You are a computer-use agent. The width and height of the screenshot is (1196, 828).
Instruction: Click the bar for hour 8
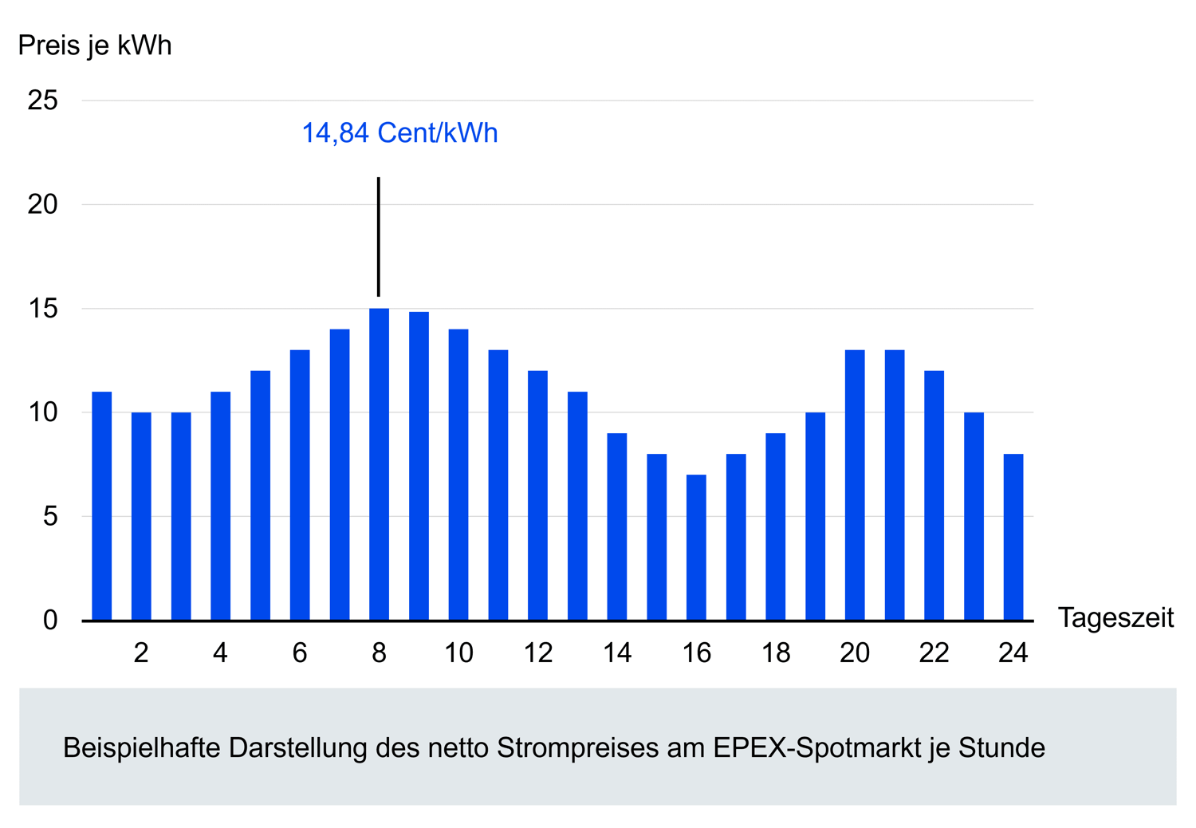[379, 464]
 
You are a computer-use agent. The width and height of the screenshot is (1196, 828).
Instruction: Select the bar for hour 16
[696, 548]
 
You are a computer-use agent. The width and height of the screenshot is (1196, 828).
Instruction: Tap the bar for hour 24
[1013, 538]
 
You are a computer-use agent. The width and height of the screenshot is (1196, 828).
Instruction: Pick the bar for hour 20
[855, 485]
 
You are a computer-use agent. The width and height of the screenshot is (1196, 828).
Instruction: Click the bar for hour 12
[537, 495]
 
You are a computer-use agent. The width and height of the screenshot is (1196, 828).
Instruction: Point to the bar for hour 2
[141, 516]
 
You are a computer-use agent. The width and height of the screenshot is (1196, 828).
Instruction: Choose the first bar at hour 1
[101, 506]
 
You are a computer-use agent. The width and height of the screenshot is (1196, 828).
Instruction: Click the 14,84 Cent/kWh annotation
[399, 132]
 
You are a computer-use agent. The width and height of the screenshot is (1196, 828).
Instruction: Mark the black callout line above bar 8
[379, 236]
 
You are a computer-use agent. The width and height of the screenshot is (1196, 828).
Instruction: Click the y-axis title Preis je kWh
[95, 45]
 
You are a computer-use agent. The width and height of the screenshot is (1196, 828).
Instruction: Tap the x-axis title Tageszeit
[1115, 617]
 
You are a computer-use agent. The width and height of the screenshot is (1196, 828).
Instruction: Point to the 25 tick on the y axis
[43, 101]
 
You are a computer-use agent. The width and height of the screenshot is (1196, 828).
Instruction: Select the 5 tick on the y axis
[50, 516]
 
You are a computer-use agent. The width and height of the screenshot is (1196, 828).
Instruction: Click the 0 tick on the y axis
[50, 620]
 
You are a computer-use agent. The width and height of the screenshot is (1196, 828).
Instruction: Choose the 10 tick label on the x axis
[458, 653]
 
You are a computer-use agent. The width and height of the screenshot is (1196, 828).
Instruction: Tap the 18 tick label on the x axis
[775, 653]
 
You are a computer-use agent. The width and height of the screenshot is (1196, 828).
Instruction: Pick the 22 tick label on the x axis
[934, 653]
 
